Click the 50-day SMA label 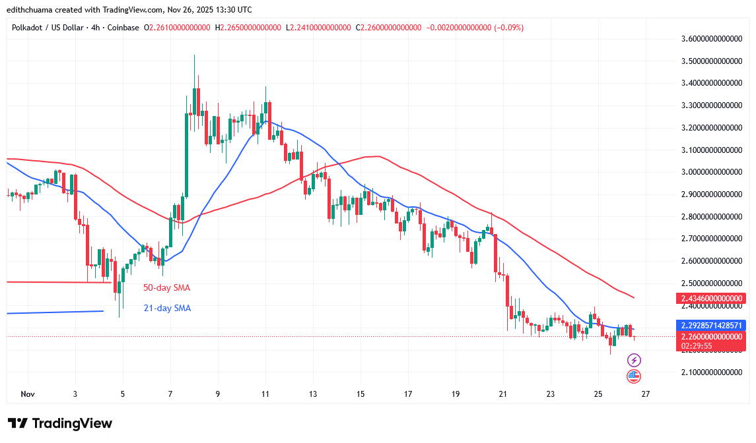[x=166, y=288]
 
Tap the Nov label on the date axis [x=27, y=394]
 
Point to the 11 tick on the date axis [x=265, y=394]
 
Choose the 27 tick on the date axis [x=645, y=394]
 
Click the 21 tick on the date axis [x=502, y=394]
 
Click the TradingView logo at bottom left [x=60, y=423]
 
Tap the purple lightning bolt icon [x=634, y=360]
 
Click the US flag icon [x=634, y=376]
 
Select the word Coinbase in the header [x=122, y=28]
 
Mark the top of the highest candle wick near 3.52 [x=194, y=55]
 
